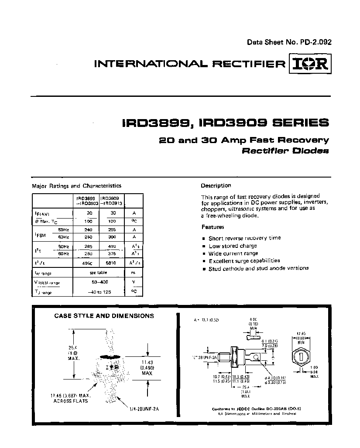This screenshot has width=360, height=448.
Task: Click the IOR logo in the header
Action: tap(310, 64)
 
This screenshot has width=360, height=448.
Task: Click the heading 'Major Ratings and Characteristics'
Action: tap(77, 186)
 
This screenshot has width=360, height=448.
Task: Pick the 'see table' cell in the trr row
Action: tap(99, 273)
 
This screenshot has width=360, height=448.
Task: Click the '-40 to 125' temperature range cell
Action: tap(99, 291)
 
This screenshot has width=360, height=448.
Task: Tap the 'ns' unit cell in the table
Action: tap(134, 273)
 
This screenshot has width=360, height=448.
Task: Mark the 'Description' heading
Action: tap(216, 185)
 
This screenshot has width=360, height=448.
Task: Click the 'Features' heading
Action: tap(213, 227)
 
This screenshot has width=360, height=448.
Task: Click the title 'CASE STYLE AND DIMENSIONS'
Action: tap(104, 315)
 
